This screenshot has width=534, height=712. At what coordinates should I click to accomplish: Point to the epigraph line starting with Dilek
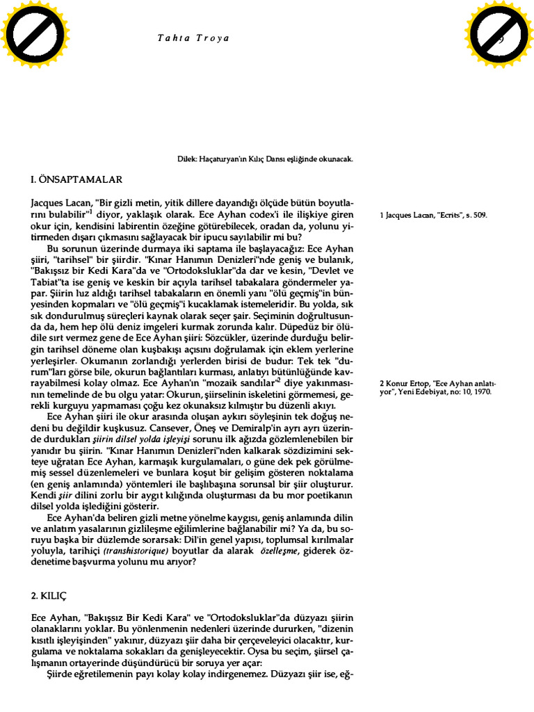(x=266, y=159)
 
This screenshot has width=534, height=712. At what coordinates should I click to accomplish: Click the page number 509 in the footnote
(x=480, y=216)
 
